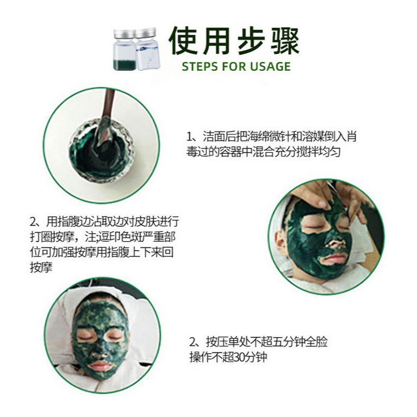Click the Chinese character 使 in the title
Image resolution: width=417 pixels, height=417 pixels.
(x=184, y=41)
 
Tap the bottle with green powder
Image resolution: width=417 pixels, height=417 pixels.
(x=124, y=49)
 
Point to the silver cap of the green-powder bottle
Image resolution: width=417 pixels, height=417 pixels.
(x=125, y=33)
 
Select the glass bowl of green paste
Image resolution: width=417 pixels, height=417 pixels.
(x=102, y=151)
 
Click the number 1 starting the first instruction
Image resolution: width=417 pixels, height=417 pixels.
(x=189, y=137)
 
